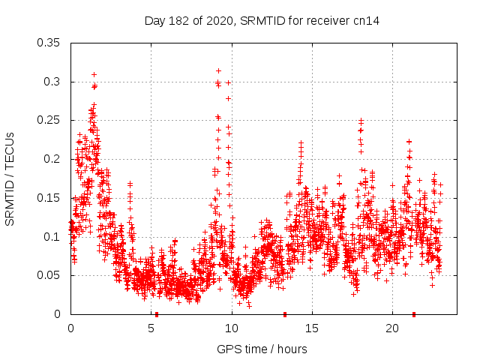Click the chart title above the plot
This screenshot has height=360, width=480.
(262, 21)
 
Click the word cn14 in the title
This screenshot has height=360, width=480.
(365, 21)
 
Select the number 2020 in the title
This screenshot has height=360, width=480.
(214, 21)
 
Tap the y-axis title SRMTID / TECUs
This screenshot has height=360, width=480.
(10, 178)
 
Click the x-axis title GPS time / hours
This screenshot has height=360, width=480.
(262, 349)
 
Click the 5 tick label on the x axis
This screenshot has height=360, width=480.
(151, 328)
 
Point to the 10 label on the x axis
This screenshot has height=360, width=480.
(232, 328)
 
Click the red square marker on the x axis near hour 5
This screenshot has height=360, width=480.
(157, 314)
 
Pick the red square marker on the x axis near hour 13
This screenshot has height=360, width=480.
(285, 314)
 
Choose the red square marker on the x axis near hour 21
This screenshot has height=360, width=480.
(414, 314)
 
